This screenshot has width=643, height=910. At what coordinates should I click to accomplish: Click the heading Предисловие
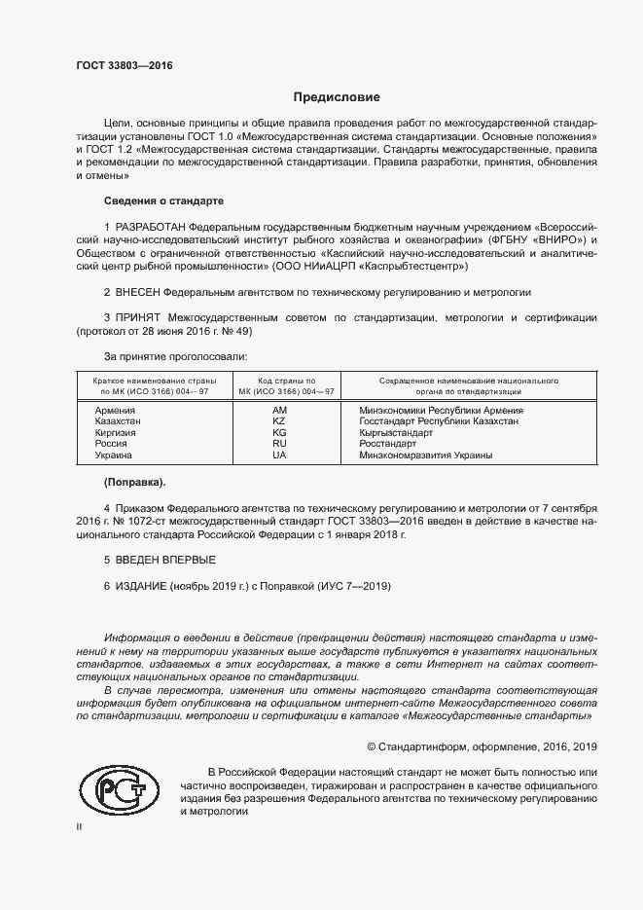[x=338, y=97]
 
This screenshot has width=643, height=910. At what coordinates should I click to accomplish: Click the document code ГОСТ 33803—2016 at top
[x=125, y=65]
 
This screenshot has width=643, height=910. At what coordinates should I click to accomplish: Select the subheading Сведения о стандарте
[x=163, y=200]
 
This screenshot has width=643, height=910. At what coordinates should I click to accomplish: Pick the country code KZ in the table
[x=279, y=421]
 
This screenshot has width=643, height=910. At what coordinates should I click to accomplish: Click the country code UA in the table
[x=279, y=455]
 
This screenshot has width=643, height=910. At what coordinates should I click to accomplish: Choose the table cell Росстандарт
[x=387, y=444]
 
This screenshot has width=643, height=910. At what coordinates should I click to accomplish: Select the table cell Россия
[x=111, y=444]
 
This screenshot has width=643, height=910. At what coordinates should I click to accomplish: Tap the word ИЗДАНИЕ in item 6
[x=141, y=586]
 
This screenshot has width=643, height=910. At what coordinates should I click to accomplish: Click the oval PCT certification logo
[x=118, y=789]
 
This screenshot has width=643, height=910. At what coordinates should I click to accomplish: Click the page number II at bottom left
[x=79, y=825]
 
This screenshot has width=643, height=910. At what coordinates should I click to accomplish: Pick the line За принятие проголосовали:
[x=168, y=357]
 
